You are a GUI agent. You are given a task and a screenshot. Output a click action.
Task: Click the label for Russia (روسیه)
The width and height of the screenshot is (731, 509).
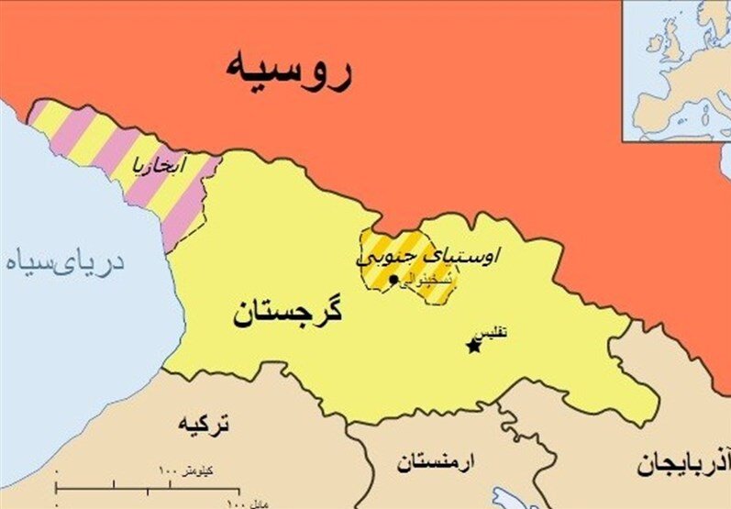click(288, 72)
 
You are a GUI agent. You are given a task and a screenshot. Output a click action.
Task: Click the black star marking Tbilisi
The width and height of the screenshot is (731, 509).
click(473, 347)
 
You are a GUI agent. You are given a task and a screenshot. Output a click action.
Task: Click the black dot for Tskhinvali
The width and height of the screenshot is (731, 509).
click(394, 279)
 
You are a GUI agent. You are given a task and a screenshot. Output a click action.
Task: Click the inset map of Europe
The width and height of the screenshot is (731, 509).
click(677, 71)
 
